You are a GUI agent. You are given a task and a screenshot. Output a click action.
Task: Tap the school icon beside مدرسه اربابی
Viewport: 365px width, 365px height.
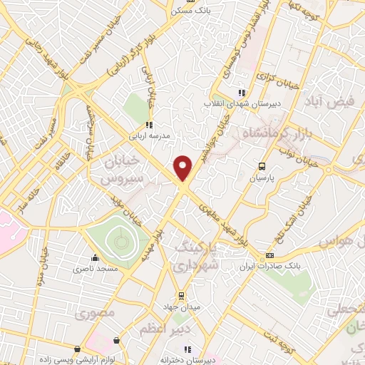click(148, 124)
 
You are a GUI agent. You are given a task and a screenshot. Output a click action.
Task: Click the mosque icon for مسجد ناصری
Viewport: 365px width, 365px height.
click(95, 259)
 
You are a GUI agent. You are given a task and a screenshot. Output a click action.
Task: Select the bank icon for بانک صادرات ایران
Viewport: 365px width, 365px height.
click(269, 256)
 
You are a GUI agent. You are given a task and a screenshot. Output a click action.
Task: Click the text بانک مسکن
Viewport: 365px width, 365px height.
click(188, 11)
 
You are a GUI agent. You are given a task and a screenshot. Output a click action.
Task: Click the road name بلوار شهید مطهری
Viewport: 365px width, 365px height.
click(228, 224)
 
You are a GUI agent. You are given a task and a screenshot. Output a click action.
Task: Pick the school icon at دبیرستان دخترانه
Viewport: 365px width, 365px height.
click(187, 349)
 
